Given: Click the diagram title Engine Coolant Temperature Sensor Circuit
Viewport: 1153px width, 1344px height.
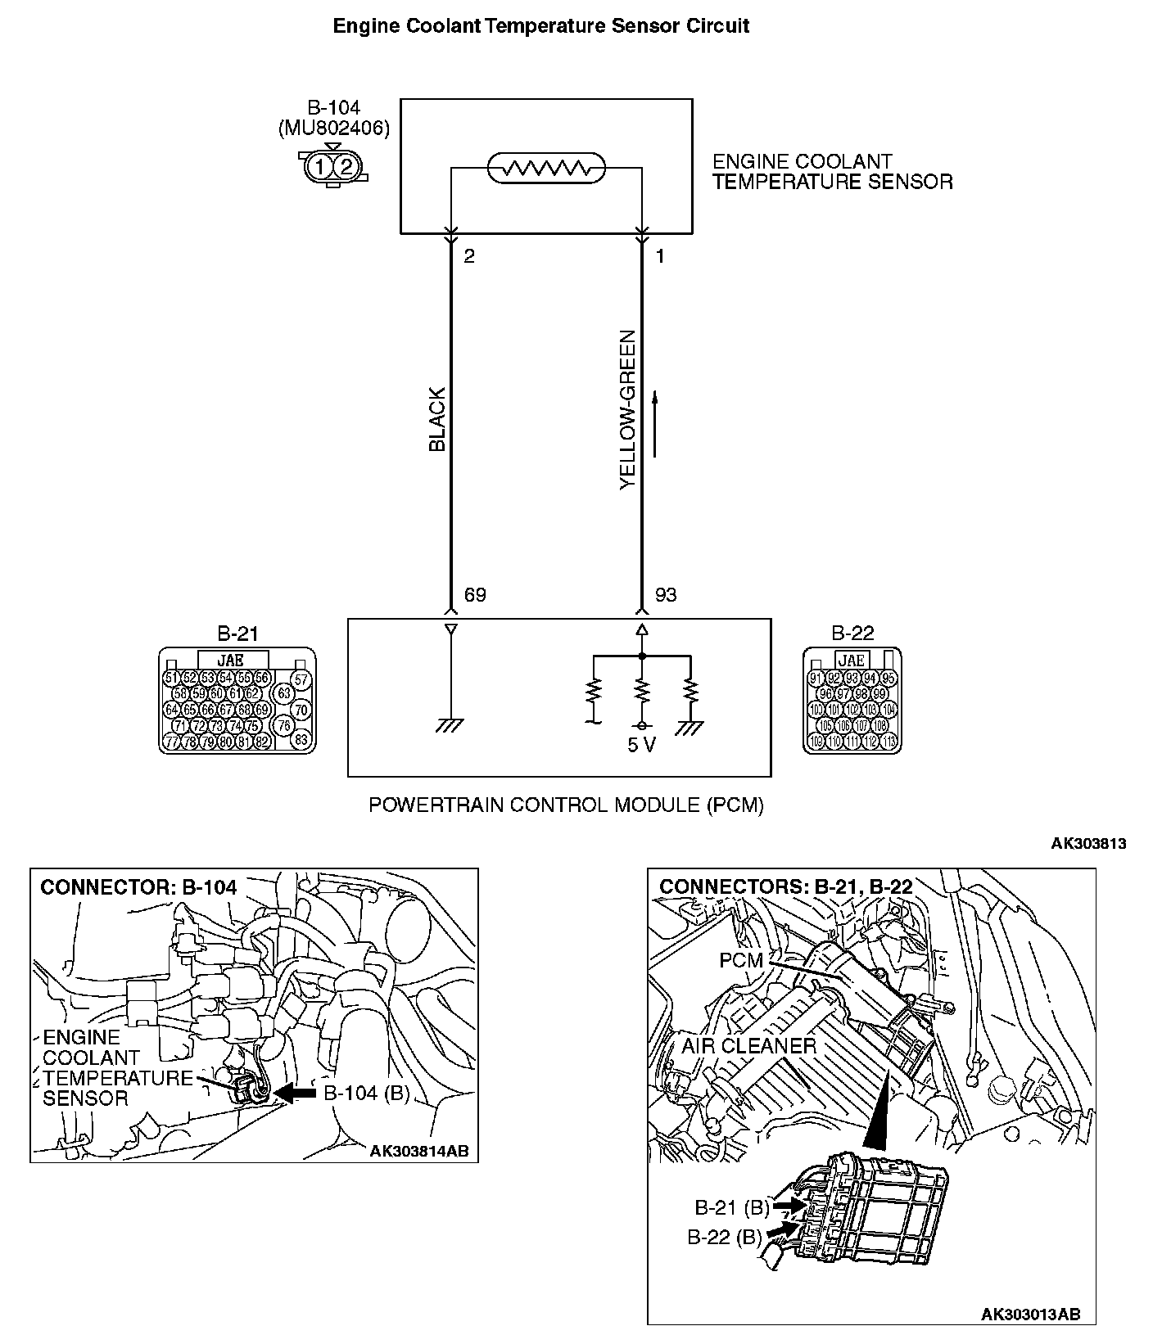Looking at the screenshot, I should tap(540, 26).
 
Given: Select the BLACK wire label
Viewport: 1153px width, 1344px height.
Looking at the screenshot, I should tap(438, 419).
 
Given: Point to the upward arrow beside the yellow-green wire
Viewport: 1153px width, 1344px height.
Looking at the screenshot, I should tap(655, 423).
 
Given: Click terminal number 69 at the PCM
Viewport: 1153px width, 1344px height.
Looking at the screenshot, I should tap(475, 595).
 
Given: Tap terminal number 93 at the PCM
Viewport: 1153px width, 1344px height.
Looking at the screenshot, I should tap(666, 595).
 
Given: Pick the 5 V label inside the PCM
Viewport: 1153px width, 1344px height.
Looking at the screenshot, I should tap(641, 746).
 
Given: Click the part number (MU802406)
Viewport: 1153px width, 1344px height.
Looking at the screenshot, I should tap(333, 128).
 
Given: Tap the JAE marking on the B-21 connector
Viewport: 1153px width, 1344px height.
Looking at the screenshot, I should tap(232, 659).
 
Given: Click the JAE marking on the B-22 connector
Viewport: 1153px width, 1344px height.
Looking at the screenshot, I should tap(852, 660).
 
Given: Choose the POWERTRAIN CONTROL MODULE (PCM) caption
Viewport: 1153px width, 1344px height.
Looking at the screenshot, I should tap(566, 805).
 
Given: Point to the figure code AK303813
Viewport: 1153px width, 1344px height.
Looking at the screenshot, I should tap(1089, 844).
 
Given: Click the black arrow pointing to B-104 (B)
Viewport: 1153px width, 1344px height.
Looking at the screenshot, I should tap(296, 1093).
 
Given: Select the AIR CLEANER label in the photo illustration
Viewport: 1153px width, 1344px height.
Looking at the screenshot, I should tap(748, 1045).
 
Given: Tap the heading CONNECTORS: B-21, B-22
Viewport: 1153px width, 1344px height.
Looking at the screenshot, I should tap(785, 886).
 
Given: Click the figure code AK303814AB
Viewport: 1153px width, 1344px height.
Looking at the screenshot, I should tap(418, 1151).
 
